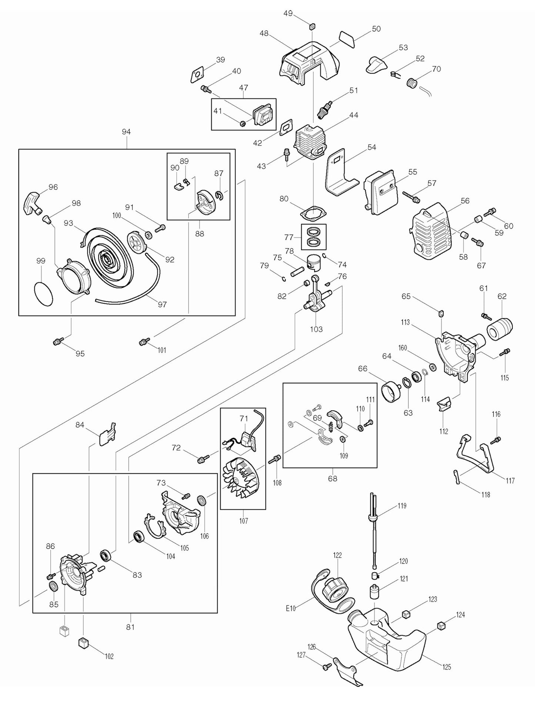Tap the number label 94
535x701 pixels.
[126, 132]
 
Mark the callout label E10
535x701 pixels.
[291, 608]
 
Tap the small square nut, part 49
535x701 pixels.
[312, 26]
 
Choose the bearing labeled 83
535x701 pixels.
[106, 556]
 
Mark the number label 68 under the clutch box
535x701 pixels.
[332, 478]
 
